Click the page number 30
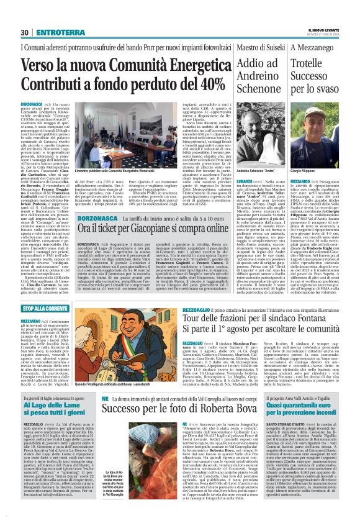point(25,32)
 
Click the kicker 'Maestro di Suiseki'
point(253,48)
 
